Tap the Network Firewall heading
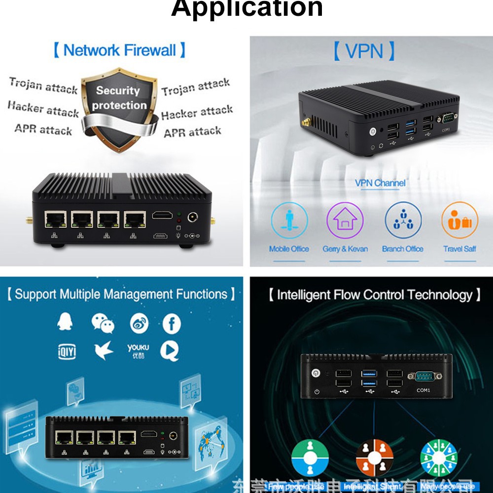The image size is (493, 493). [x=119, y=50]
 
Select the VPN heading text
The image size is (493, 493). [x=364, y=51]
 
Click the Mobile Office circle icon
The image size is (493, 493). [x=289, y=220]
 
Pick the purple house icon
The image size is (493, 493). [x=345, y=220]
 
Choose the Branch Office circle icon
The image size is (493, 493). [x=403, y=220]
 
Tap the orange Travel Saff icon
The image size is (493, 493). [x=459, y=220]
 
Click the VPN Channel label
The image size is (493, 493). [x=380, y=183]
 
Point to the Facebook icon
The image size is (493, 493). [x=172, y=324]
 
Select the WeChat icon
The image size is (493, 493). [x=103, y=323]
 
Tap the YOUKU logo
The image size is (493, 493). [x=138, y=351]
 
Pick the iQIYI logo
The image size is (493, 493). [x=67, y=352]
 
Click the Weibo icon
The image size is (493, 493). [x=139, y=324]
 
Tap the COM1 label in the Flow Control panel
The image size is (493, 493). [x=423, y=390]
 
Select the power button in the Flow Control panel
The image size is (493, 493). [x=316, y=373]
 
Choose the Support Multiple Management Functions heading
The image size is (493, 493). [x=121, y=294]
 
